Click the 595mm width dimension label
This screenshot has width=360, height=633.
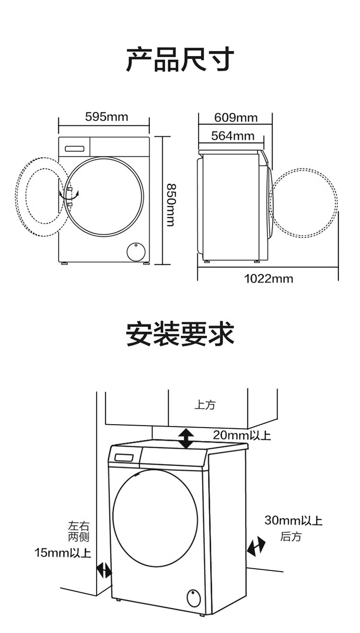[x=107, y=117]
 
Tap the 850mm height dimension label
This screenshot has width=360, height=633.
[x=170, y=205]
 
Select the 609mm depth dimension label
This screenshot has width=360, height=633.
[x=236, y=118]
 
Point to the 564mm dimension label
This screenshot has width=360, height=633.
[x=233, y=136]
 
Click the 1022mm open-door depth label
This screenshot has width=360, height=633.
[x=269, y=279]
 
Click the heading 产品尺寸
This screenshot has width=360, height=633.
[x=180, y=60]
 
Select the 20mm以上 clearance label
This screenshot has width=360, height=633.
[x=242, y=435]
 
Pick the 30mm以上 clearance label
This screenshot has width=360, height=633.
[x=293, y=520]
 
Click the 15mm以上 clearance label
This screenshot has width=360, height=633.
[x=63, y=552]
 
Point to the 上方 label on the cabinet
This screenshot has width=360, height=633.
[x=205, y=405]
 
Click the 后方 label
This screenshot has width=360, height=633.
[x=291, y=537]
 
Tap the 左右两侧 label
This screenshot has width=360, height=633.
[x=79, y=531]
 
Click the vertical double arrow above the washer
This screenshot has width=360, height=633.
[x=186, y=438]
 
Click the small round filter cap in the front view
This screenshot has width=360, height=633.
[x=136, y=251]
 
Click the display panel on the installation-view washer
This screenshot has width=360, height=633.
[x=124, y=457]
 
